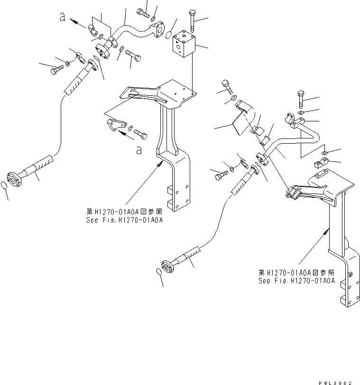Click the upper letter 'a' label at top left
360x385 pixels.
(62, 18)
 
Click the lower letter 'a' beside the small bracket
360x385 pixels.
(138, 150)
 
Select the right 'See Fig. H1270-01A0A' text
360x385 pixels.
(297, 280)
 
